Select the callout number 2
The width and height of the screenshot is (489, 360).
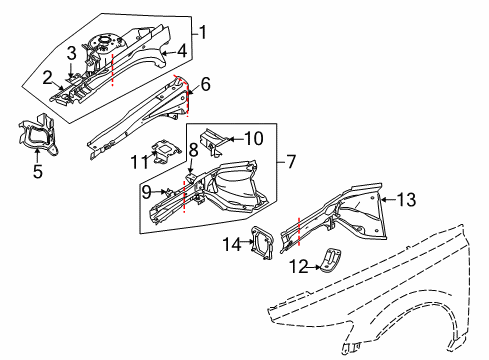click(47, 76)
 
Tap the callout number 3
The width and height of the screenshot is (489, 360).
click(72, 52)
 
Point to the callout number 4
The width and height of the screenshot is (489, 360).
click(181, 51)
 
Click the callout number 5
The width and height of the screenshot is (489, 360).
click(37, 171)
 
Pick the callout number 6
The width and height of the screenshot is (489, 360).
click(205, 87)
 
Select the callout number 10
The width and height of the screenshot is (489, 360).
click(253, 139)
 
